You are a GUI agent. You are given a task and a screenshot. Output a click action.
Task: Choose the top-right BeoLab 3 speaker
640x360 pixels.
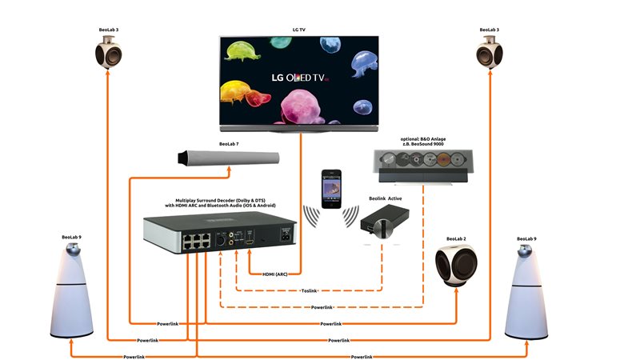point(489,54)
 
